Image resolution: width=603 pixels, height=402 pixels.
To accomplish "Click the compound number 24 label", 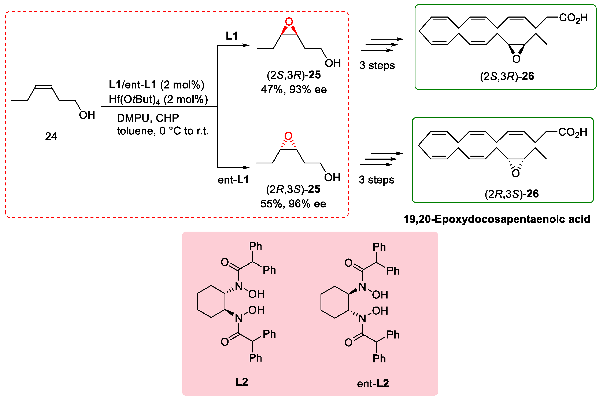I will (51, 136).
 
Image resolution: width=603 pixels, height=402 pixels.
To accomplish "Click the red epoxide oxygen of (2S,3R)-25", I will (289, 22).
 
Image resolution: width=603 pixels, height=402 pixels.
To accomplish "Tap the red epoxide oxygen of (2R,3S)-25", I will (288, 136).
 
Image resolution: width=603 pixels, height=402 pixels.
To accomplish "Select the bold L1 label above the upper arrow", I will (232, 36).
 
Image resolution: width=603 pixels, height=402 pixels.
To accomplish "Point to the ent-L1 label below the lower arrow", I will (233, 180).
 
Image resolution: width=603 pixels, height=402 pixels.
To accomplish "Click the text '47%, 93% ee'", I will (294, 90).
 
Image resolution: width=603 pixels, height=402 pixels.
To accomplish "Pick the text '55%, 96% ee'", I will (293, 204).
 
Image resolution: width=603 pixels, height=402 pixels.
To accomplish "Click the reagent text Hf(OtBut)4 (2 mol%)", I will (158, 99).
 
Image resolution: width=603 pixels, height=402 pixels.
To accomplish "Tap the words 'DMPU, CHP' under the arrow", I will (148, 118).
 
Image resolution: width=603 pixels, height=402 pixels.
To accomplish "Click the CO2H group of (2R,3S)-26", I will (573, 133).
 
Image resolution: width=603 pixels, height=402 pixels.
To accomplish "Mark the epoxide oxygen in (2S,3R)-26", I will (516, 59).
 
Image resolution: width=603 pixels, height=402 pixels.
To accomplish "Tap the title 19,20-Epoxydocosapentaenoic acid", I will (497, 219).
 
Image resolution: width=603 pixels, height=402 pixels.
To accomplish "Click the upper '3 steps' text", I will (377, 65).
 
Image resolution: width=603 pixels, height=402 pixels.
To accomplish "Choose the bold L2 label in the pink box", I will (242, 382).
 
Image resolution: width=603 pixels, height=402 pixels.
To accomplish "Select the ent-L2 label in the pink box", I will (373, 384).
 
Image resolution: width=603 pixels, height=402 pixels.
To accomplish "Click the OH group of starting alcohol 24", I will (87, 115).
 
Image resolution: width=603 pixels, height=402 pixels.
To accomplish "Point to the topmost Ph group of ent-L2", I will (379, 247).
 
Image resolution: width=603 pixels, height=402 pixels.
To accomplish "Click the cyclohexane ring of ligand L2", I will (211, 302).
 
